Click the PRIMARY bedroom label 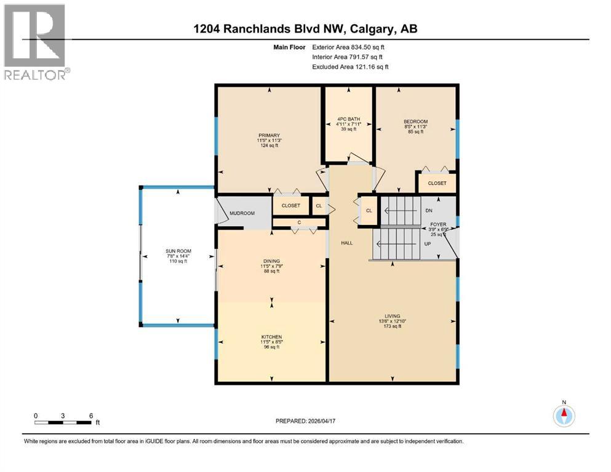[x=269, y=135]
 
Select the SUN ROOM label [x=178, y=251]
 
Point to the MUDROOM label [x=242, y=214]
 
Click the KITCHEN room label [x=271, y=337]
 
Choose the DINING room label [x=271, y=261]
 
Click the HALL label [x=347, y=243]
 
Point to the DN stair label [x=429, y=210]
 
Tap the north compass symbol [x=563, y=415]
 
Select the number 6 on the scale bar [x=91, y=415]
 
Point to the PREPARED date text [x=307, y=421]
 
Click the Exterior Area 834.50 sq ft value [x=350, y=47]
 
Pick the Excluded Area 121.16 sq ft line [x=350, y=66]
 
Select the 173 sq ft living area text [x=393, y=326]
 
